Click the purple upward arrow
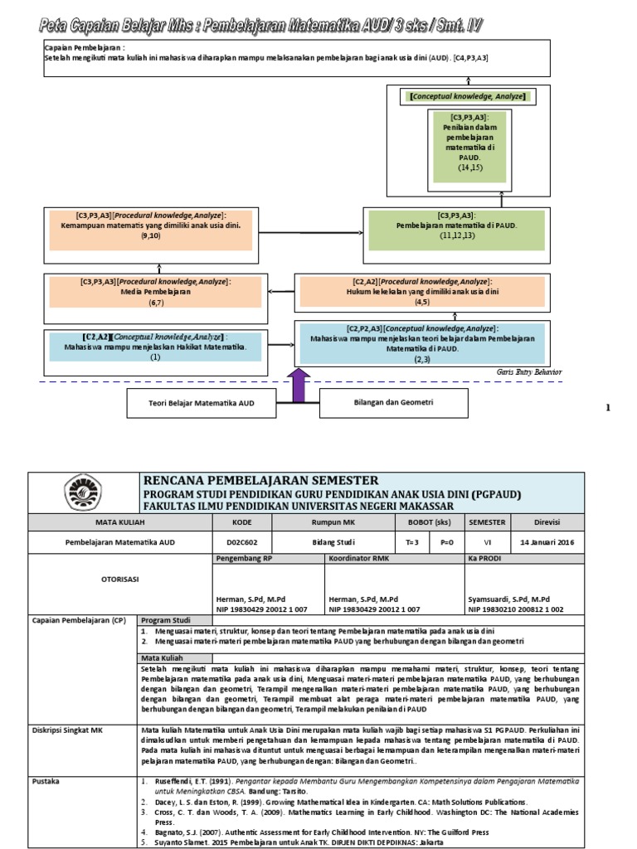298,386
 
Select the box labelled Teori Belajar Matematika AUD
201,404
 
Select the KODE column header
241,522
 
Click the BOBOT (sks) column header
430,522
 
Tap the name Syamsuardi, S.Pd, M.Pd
507,598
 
